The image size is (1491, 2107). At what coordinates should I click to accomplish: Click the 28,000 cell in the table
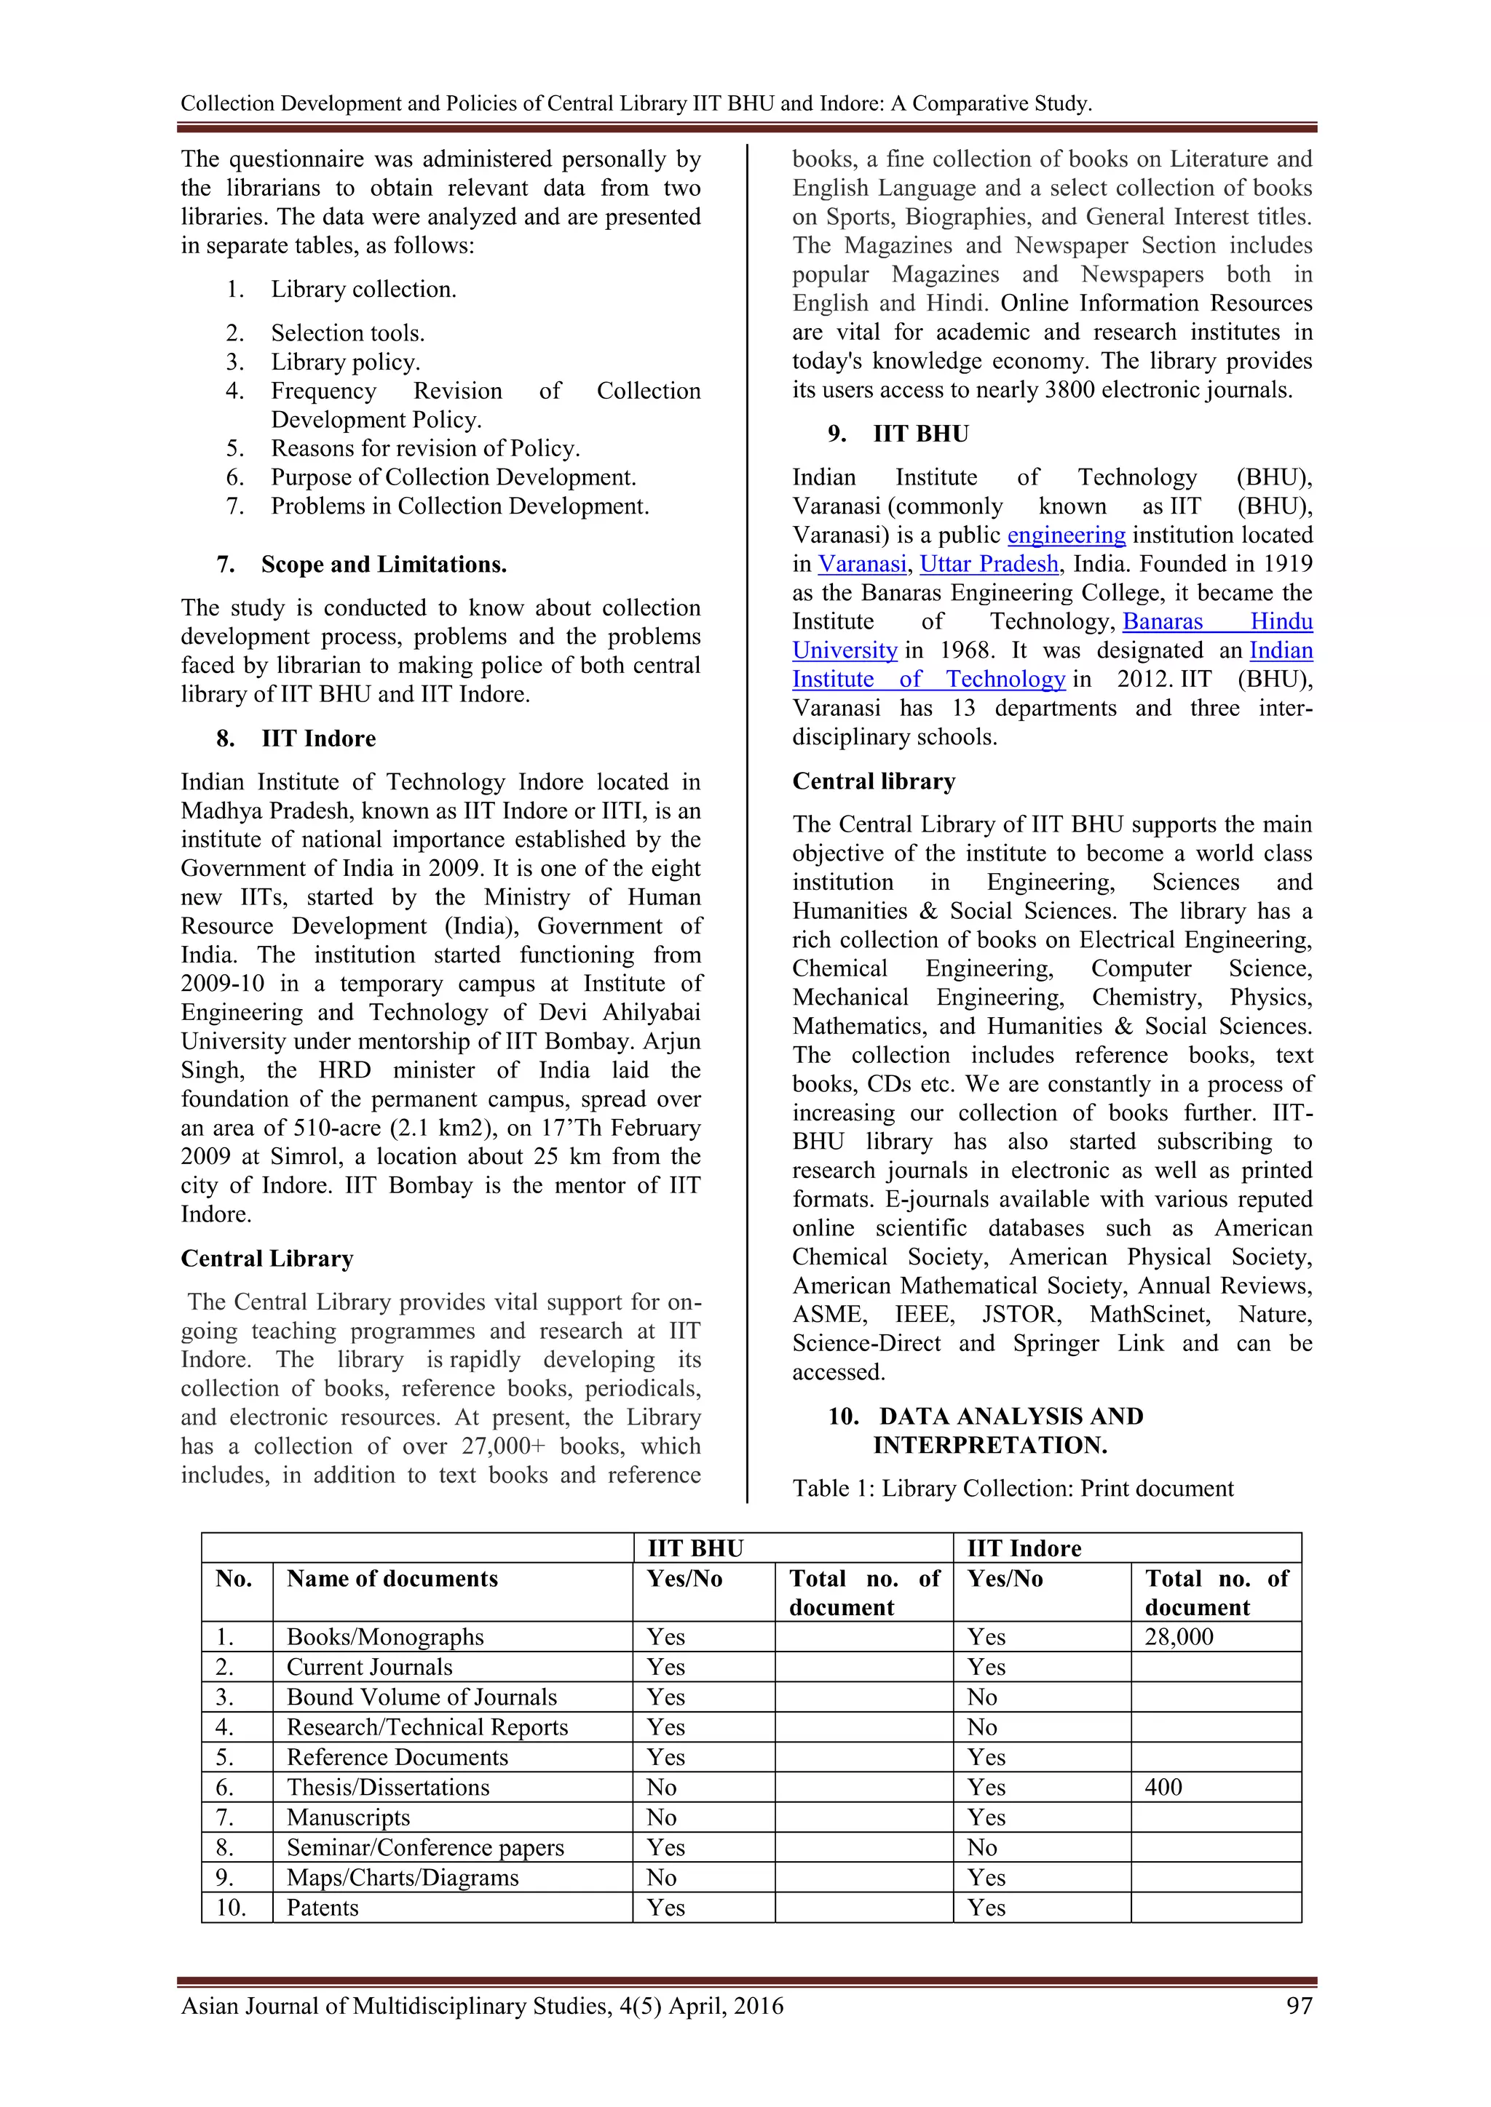(x=1179, y=1637)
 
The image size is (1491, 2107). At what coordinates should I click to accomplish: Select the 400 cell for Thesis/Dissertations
(x=1163, y=1788)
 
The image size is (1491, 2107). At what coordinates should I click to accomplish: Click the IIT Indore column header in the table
(x=1024, y=1549)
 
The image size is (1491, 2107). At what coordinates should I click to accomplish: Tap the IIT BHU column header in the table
(x=695, y=1549)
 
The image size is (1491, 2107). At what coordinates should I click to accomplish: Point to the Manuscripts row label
(x=348, y=1818)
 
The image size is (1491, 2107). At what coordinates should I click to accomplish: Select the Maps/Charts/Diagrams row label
(x=402, y=1878)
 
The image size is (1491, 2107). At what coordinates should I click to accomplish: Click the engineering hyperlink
(x=1066, y=535)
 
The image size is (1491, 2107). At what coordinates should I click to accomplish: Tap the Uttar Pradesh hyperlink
(x=989, y=565)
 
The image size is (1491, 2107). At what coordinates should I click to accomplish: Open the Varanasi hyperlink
(x=862, y=565)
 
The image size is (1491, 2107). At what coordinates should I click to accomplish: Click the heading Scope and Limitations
(x=383, y=565)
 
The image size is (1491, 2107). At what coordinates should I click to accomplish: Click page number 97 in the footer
(x=1299, y=2006)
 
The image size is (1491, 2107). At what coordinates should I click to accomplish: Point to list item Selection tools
(x=347, y=333)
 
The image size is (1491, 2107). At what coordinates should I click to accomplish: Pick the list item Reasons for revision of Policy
(x=425, y=449)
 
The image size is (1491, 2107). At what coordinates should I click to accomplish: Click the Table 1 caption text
(x=1013, y=1489)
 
